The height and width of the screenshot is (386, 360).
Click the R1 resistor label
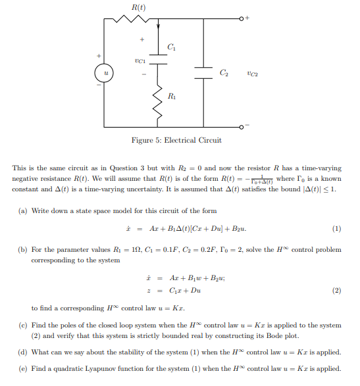172,97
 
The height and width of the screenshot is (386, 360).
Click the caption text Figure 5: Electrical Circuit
176,140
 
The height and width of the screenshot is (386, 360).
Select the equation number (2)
337,290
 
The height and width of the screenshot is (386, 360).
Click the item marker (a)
18,210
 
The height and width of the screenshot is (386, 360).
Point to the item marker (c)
18,325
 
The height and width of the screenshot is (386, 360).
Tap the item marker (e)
18,369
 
